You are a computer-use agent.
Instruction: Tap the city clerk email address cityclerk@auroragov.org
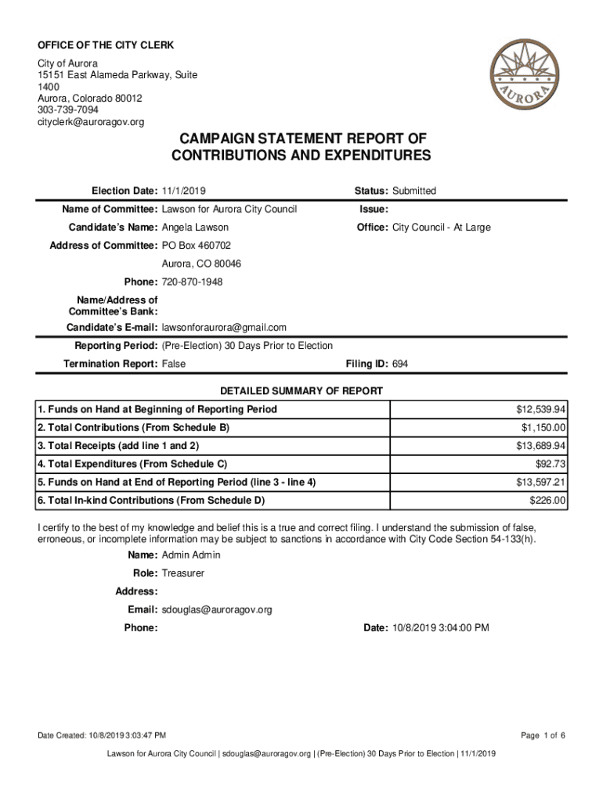91,123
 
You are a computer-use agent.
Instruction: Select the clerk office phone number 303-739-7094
68,110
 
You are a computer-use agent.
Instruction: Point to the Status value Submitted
414,191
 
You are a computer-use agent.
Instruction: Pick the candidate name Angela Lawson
195,228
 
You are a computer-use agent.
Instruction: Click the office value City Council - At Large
441,228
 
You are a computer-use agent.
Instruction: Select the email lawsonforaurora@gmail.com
224,327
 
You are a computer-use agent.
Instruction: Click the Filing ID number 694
400,365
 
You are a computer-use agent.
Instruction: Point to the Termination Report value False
173,365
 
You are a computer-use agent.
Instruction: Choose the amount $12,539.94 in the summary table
541,410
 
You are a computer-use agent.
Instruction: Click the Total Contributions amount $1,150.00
543,428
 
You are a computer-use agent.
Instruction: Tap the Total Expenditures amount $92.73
551,464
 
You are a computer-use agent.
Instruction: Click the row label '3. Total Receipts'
118,446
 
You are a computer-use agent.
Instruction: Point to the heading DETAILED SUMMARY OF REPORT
301,391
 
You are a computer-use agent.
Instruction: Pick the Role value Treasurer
182,573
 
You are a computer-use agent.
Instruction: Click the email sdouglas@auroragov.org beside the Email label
216,609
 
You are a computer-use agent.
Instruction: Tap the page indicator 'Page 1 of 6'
543,735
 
